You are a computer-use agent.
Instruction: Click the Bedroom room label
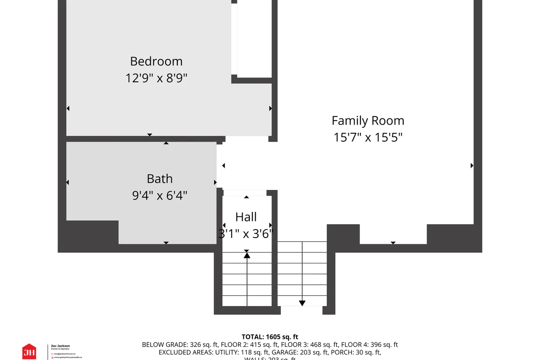tap(156, 61)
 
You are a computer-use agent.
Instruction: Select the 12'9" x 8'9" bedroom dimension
tap(156, 78)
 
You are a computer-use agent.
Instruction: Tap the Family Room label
tap(368, 121)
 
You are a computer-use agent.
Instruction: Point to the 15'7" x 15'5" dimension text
tap(368, 137)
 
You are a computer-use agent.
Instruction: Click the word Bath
tap(160, 179)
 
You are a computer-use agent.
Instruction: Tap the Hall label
tap(246, 217)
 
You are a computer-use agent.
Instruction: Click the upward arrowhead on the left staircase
tap(247, 255)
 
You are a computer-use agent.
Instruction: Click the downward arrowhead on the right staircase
tap(302, 303)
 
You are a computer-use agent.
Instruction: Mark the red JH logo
tap(29, 351)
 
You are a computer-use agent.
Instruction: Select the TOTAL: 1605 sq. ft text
tap(270, 337)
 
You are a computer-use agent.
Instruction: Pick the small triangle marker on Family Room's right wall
tap(472, 166)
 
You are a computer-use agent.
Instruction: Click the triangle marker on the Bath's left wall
tap(68, 182)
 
